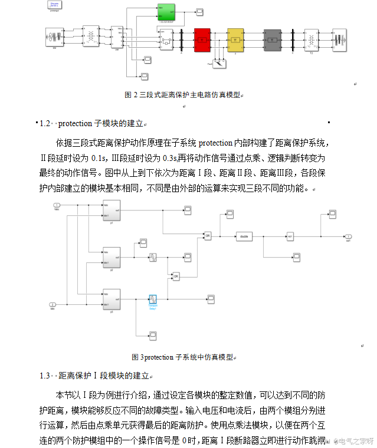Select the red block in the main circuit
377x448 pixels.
tap(202, 39)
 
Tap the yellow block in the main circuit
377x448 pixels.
tap(235, 39)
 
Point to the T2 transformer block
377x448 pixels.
tap(311, 39)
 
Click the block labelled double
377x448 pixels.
tap(244, 236)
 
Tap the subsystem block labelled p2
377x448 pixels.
tap(112, 258)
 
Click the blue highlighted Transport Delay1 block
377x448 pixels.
tap(153, 299)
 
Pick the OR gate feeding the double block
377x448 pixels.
tap(207, 236)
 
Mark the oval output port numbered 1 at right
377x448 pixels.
tap(349, 236)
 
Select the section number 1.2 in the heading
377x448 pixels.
tap(44, 124)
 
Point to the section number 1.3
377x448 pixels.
tap(44, 375)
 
